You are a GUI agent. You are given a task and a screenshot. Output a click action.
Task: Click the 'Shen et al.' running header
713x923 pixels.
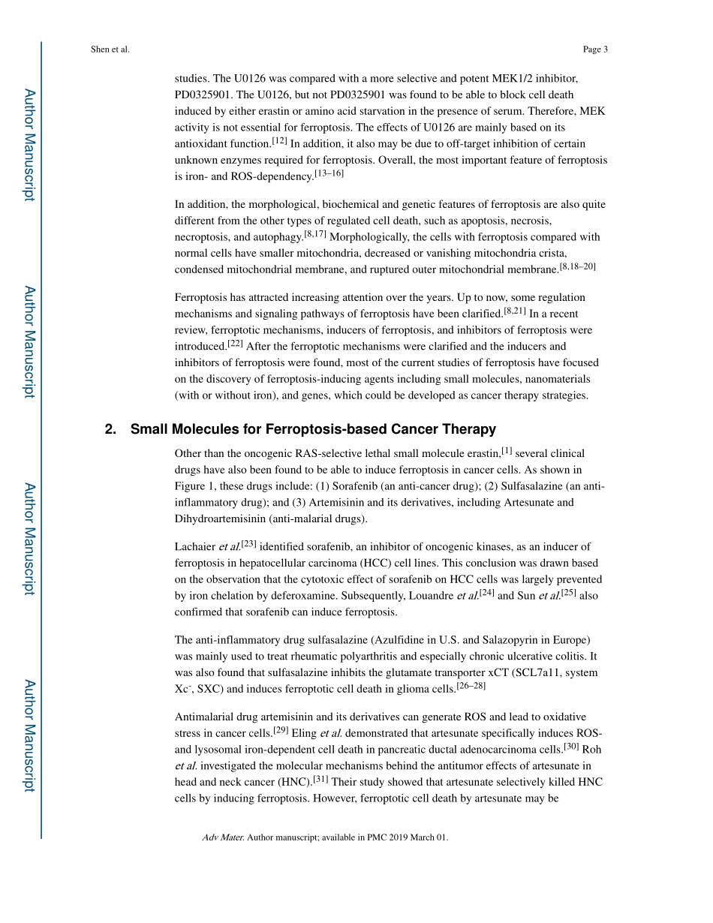coord(110,50)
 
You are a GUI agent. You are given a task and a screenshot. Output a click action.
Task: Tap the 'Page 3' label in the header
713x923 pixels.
coord(594,50)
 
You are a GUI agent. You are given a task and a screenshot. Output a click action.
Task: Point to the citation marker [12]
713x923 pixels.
coord(280,141)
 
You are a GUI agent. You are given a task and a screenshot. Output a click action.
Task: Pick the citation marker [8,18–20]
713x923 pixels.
coord(577,266)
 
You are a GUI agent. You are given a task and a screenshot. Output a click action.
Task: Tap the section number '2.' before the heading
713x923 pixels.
coord(111,429)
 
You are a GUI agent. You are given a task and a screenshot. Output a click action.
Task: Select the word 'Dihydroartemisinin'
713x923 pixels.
coord(219,519)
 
